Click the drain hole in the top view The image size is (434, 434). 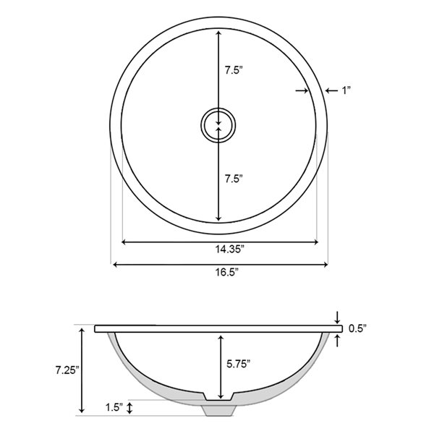tap(217, 124)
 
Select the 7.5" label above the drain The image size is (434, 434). tap(233, 71)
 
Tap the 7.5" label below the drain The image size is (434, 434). tap(233, 178)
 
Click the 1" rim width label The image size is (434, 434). tap(346, 90)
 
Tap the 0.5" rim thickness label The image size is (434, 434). tap(357, 328)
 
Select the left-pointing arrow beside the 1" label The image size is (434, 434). tap(330, 90)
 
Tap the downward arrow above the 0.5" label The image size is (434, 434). tap(338, 319)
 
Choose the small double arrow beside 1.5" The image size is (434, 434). tap(129, 408)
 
